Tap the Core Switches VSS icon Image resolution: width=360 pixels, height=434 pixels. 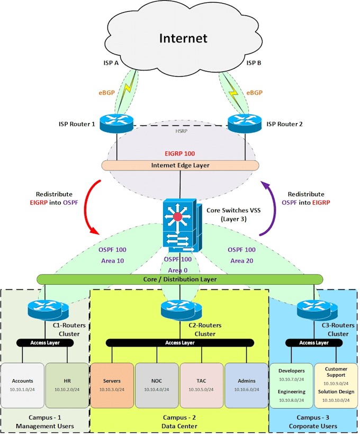[x=180, y=225]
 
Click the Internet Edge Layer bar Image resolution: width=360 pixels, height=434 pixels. [x=180, y=166]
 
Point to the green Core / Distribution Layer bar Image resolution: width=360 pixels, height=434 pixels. [x=180, y=279]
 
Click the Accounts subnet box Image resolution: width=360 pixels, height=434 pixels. [x=22, y=385]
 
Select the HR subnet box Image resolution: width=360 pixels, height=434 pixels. [x=67, y=385]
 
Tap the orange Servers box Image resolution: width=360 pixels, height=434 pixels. [x=112, y=385]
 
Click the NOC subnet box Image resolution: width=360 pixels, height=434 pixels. [x=156, y=385]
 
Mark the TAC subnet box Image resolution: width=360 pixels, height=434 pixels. [x=202, y=385]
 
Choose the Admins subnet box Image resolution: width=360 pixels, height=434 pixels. [x=246, y=385]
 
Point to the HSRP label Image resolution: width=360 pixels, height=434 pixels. [x=181, y=130]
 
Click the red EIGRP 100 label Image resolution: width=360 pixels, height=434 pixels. [x=180, y=153]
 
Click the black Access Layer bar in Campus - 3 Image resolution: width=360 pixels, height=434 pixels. [x=314, y=342]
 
